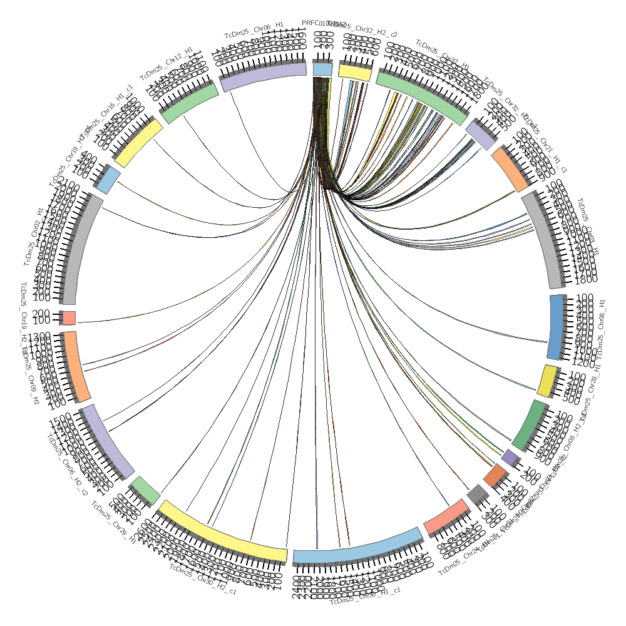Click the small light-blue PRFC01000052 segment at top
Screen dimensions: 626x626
[x=322, y=69]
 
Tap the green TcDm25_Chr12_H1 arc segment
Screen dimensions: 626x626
[x=190, y=103]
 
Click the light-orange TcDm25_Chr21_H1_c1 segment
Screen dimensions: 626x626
[x=510, y=169]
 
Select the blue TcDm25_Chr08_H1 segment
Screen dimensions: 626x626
[x=557, y=327]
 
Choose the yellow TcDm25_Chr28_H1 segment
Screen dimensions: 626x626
[x=548, y=381]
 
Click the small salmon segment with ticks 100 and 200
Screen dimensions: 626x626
[x=69, y=318]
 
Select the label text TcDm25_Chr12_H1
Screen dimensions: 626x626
[x=166, y=63]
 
